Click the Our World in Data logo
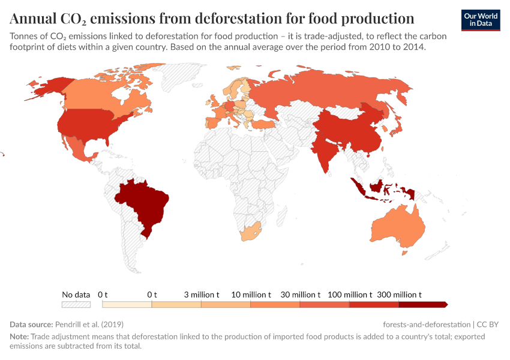[481, 19]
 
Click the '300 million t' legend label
[400, 295]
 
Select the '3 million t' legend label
[201, 295]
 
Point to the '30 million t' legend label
[301, 295]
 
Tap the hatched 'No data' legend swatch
[76, 305]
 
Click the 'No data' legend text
[76, 295]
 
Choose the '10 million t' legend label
[251, 295]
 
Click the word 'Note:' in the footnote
[19, 337]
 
